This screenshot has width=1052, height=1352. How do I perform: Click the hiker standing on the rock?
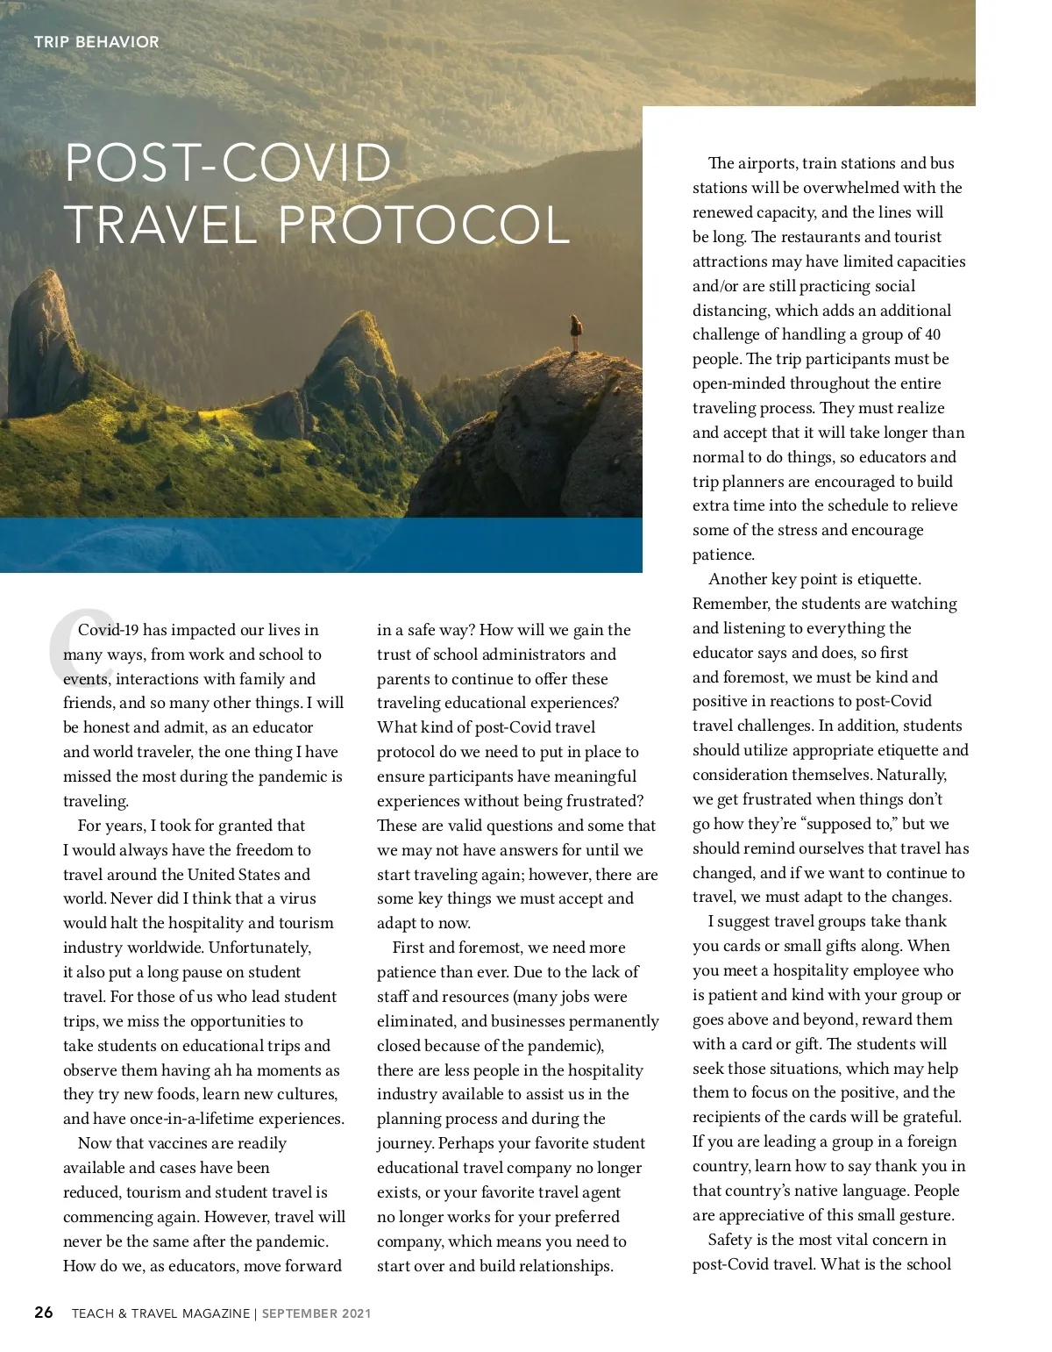pos(576,333)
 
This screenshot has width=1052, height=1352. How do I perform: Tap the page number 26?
pos(43,1313)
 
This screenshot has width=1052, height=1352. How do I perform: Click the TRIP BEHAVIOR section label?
pos(96,41)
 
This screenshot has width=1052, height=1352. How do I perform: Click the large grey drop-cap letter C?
pos(75,645)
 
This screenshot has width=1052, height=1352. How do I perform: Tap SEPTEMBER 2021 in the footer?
pos(316,1313)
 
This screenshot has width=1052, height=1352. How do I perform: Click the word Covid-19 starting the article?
pos(108,630)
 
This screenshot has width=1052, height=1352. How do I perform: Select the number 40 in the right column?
pos(933,334)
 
